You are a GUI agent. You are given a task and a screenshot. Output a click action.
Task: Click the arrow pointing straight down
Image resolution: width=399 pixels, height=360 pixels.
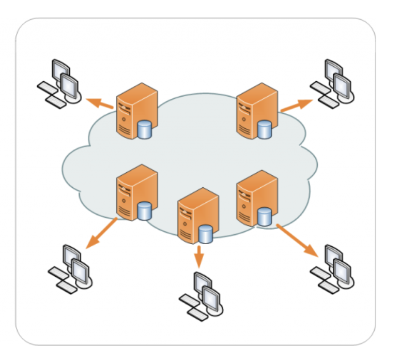coord(198,256)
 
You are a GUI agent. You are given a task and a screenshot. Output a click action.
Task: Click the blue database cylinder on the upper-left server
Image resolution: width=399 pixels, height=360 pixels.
coord(145,130)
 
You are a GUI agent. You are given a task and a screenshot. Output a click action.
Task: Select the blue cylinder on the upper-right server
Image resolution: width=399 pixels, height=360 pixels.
coord(265,129)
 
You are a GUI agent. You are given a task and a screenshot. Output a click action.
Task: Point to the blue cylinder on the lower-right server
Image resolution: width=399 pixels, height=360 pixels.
coord(265,217)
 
